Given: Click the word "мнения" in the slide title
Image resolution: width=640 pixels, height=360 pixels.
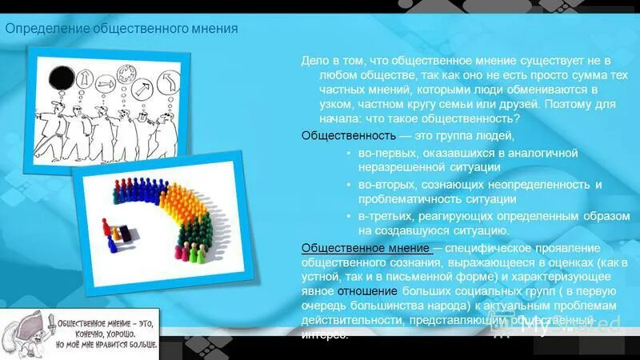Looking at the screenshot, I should (x=212, y=30).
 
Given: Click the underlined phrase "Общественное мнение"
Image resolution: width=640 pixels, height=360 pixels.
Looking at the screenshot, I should (x=366, y=247).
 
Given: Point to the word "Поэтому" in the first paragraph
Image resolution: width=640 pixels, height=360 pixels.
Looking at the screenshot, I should (x=568, y=103).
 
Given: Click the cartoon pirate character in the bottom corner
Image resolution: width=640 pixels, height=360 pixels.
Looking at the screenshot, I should (x=24, y=333).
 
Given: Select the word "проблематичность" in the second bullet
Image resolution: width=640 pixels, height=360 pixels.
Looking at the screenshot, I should (x=402, y=199).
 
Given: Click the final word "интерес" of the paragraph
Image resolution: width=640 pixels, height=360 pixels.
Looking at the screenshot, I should (x=324, y=334).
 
